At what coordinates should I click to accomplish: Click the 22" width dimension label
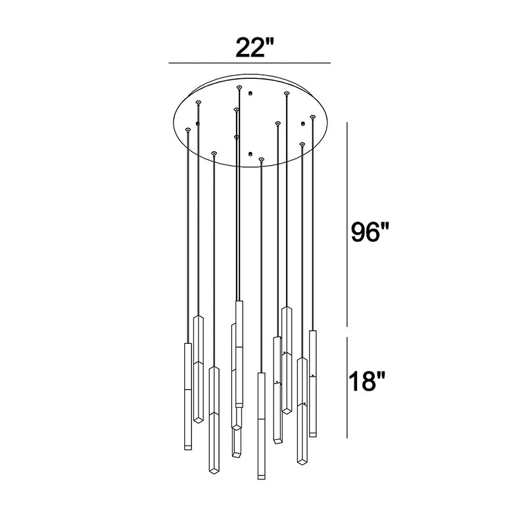[254, 47]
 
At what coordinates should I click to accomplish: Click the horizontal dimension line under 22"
[250, 62]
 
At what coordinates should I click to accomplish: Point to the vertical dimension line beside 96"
[347, 224]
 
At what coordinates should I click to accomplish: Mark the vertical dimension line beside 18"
[347, 387]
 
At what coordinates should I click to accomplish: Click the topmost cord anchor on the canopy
[239, 87]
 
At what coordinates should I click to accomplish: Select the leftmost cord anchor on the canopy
[188, 130]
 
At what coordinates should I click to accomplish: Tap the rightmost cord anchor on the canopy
[313, 117]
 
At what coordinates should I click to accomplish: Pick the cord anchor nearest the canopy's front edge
[261, 159]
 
